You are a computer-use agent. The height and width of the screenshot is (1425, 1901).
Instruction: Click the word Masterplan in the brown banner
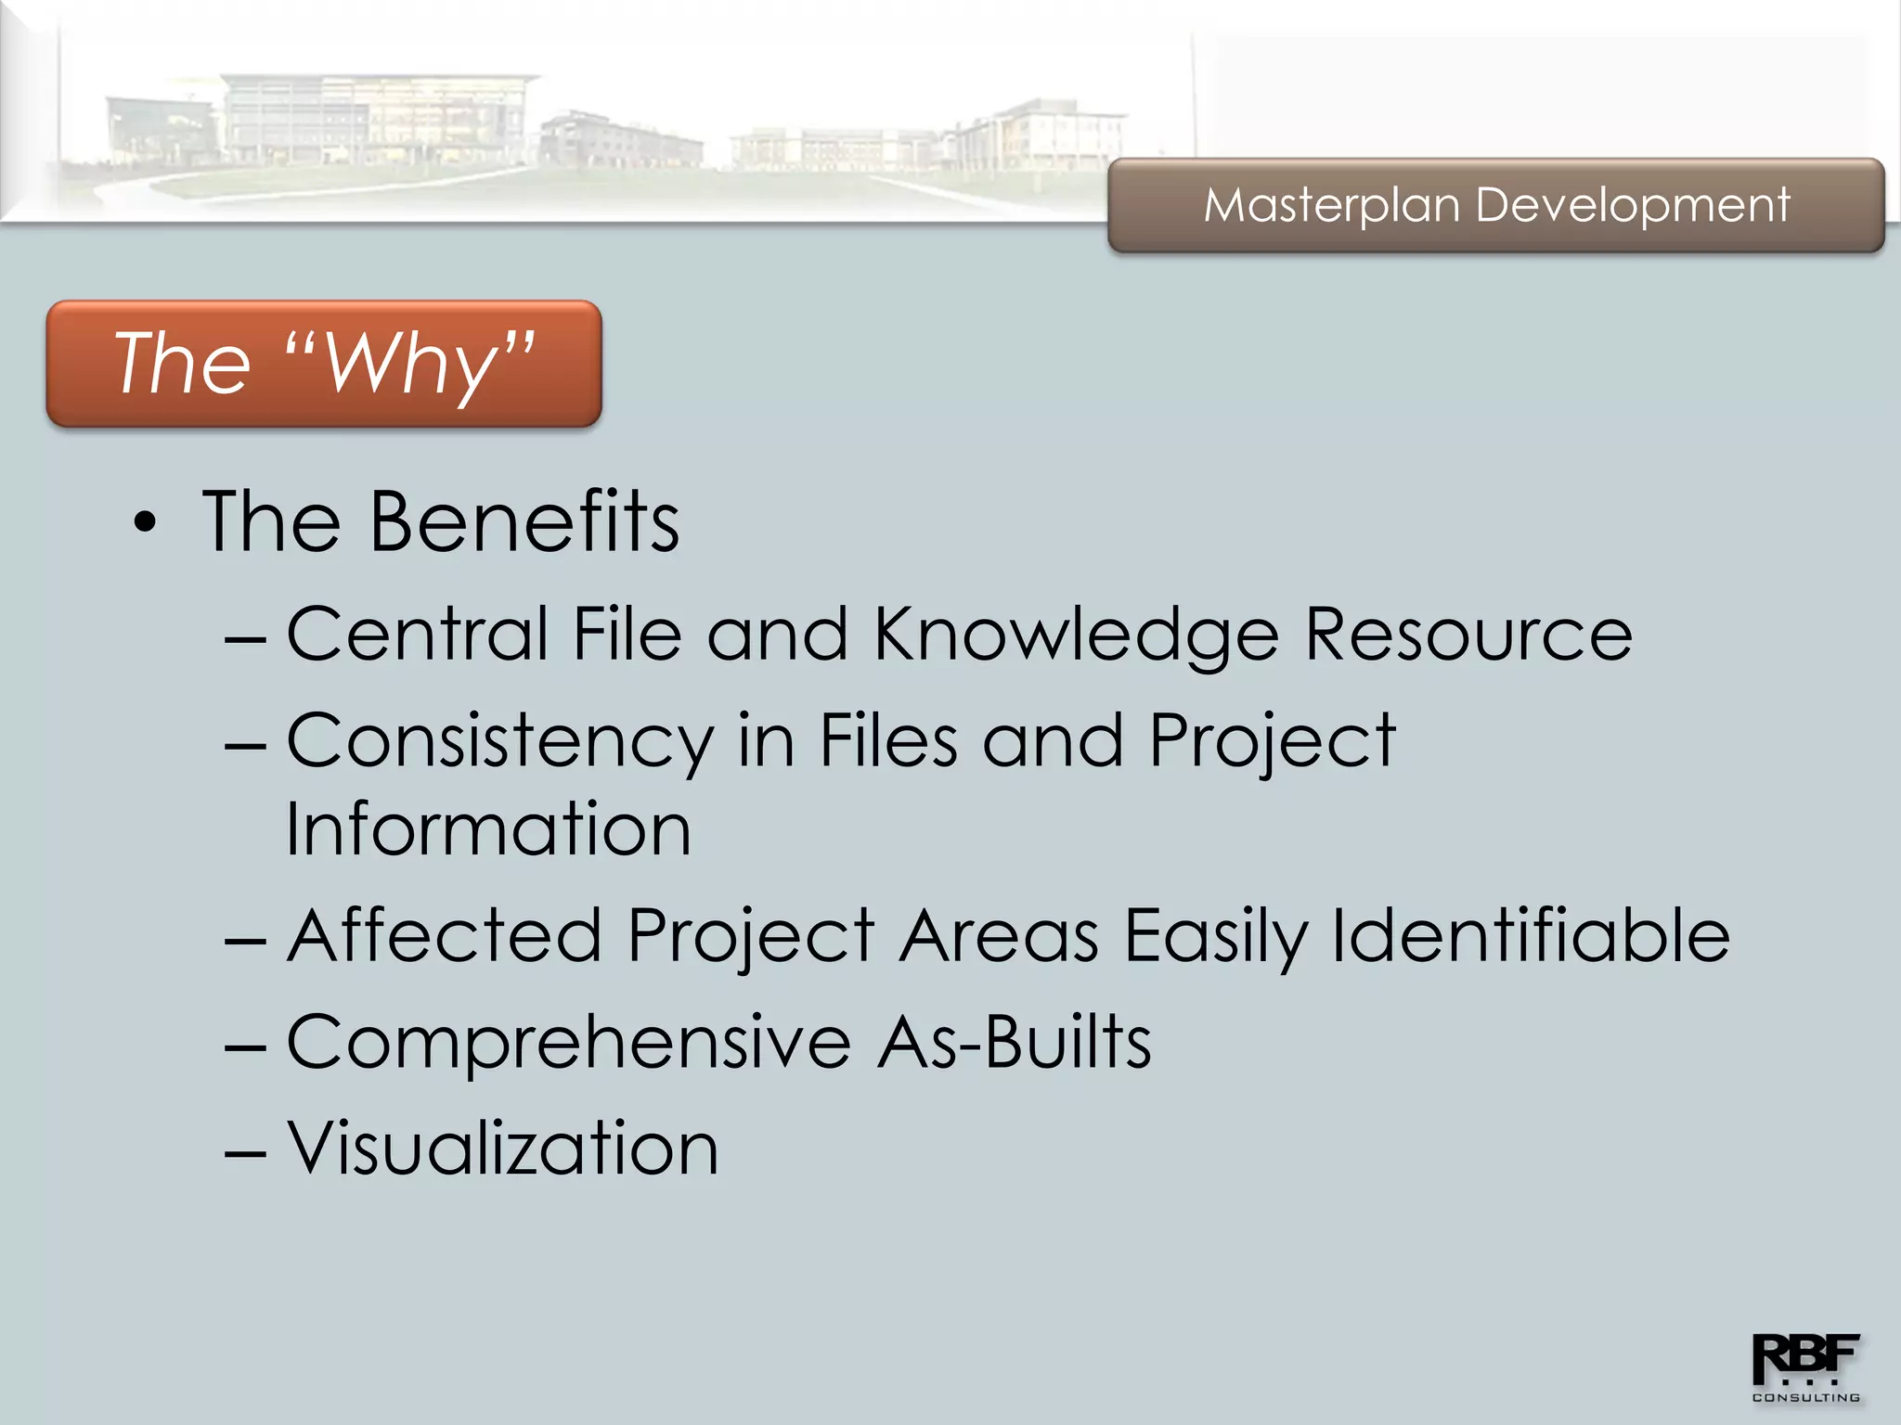click(1331, 205)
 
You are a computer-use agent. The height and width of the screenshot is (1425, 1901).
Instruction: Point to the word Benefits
click(524, 522)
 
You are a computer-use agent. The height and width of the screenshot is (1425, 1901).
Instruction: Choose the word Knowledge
click(1077, 635)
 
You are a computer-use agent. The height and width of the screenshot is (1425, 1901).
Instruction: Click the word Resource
click(1468, 635)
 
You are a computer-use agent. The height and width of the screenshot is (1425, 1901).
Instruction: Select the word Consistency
click(500, 742)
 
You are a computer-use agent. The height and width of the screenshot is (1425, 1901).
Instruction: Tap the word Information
click(488, 828)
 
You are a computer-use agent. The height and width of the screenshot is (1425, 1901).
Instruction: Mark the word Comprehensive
click(568, 1043)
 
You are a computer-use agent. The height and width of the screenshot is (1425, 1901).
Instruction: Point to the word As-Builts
click(1015, 1043)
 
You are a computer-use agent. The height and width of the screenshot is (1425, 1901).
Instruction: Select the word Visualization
click(502, 1149)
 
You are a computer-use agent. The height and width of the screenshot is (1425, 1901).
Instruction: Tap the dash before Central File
click(245, 639)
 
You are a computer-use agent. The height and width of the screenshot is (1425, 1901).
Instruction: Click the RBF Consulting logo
click(1804, 1367)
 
